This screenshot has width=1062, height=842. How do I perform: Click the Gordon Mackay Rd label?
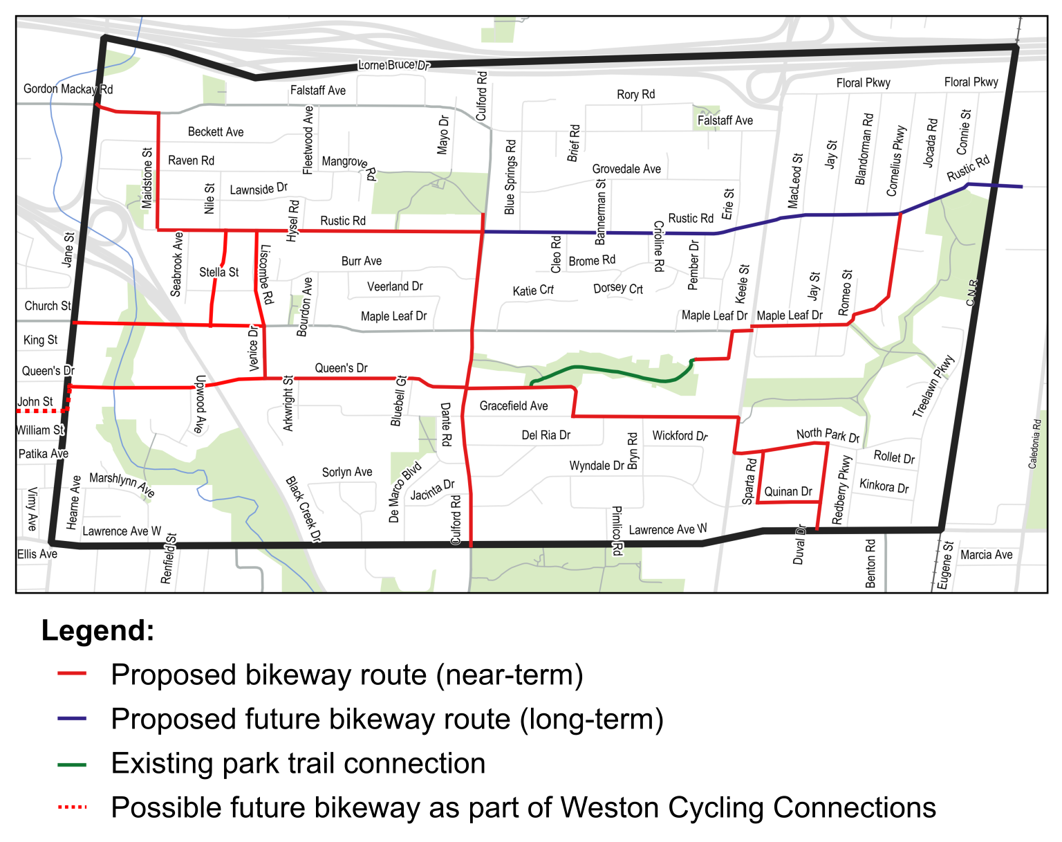pyautogui.click(x=68, y=89)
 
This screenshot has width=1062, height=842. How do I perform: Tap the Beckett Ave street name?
pyautogui.click(x=216, y=132)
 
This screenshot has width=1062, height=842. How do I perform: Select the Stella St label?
pyautogui.click(x=218, y=273)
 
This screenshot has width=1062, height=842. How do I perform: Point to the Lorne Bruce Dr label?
pyautogui.click(x=394, y=65)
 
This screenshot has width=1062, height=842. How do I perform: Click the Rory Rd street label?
pyautogui.click(x=635, y=95)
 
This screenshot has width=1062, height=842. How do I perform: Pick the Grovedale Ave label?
pyautogui.click(x=626, y=169)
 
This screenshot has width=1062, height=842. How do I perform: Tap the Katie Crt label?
pyautogui.click(x=533, y=291)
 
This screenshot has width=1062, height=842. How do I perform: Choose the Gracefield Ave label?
pyautogui.click(x=514, y=406)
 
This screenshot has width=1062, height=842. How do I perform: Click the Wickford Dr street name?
pyautogui.click(x=680, y=436)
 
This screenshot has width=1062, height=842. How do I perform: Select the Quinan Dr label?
pyautogui.click(x=788, y=492)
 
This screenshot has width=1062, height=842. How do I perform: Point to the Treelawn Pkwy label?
pyautogui.click(x=933, y=386)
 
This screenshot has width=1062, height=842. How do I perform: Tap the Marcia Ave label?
pyautogui.click(x=986, y=555)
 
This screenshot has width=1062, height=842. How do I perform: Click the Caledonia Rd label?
pyautogui.click(x=1034, y=444)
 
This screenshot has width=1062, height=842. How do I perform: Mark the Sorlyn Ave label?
pyautogui.click(x=347, y=473)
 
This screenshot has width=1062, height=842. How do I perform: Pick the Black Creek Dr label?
pyautogui.click(x=304, y=509)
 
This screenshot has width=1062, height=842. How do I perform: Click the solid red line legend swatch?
pyautogui.click(x=73, y=673)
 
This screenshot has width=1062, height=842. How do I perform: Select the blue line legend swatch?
pyautogui.click(x=73, y=719)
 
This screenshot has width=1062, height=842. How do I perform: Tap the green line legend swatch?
pyautogui.click(x=73, y=766)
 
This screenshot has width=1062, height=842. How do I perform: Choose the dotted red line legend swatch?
pyautogui.click(x=73, y=807)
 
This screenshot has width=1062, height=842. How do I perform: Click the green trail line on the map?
pyautogui.click(x=608, y=371)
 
